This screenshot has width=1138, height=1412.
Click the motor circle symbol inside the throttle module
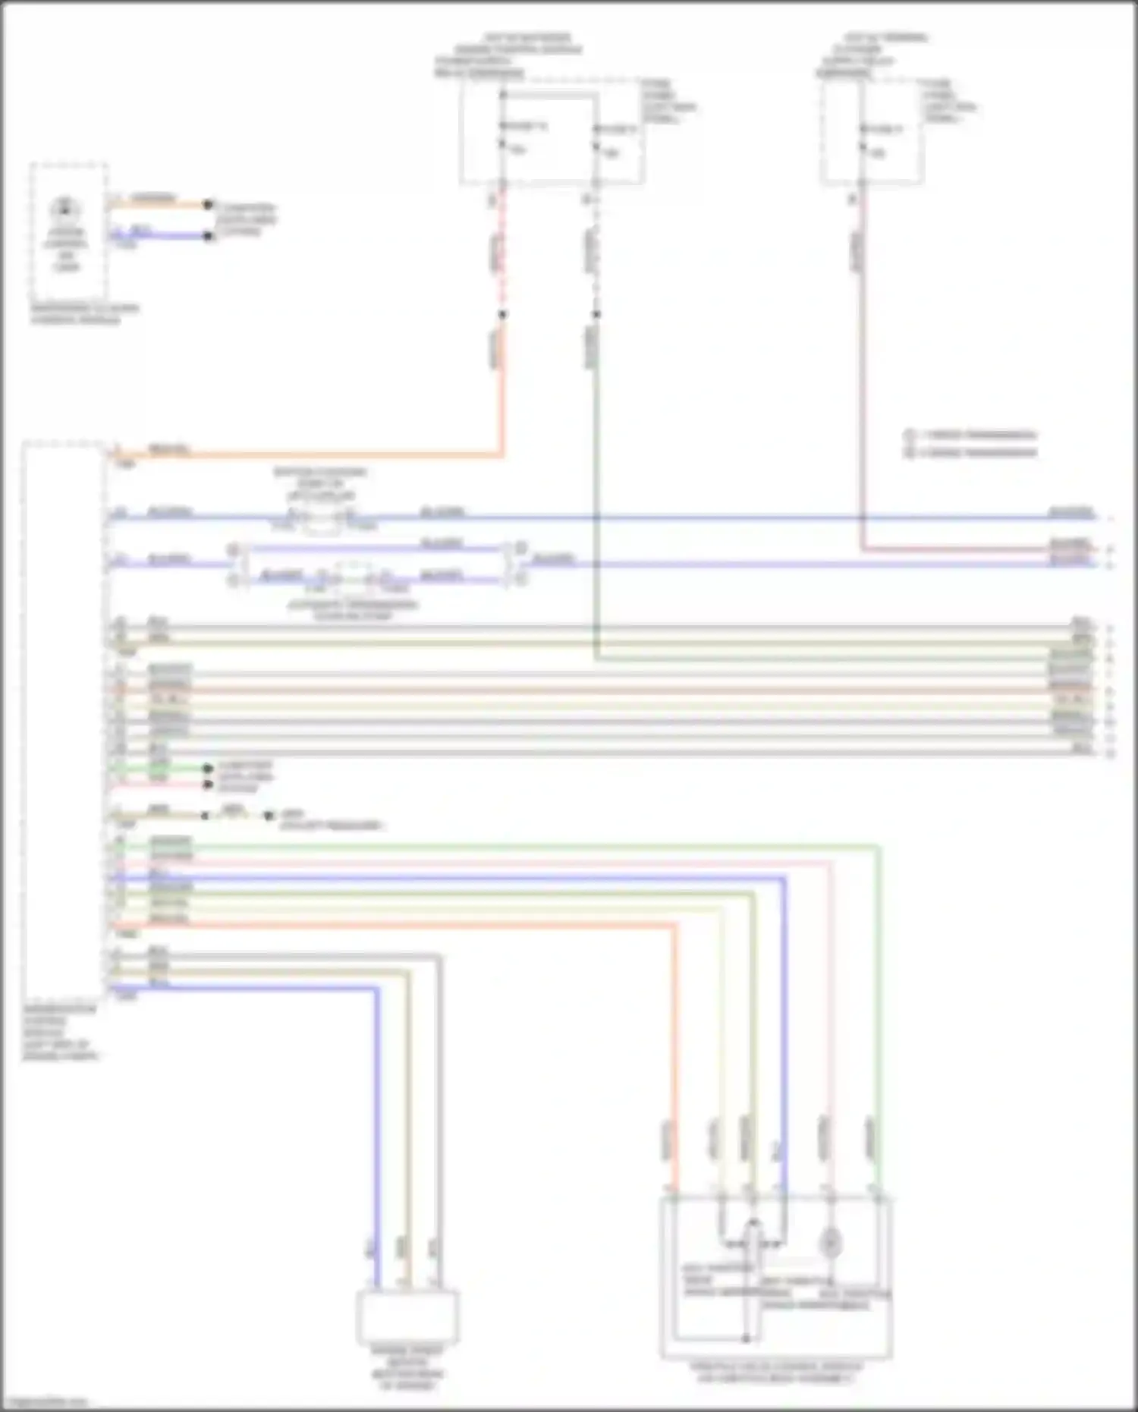831,1243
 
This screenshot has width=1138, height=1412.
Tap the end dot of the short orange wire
208,204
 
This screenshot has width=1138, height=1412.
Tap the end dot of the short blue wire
208,236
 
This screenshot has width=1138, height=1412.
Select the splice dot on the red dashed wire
501,314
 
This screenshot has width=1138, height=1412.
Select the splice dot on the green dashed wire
596,314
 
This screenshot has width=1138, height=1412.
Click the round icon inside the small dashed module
67,207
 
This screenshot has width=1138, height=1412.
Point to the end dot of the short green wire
207,769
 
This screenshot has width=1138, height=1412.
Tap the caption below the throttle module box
775,1372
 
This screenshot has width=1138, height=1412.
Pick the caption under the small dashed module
84,314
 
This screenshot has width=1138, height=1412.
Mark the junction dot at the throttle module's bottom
746,1338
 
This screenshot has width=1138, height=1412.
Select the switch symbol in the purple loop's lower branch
353,578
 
